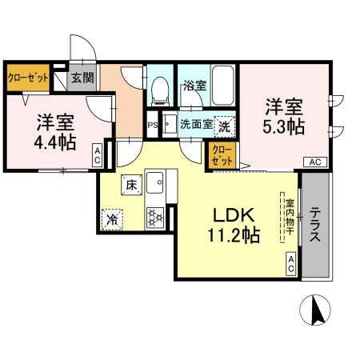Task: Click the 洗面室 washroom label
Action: coord(196,124)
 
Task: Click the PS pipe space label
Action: coord(153,124)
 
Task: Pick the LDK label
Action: coord(232,214)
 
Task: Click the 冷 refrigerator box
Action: coord(111,216)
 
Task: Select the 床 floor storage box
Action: coord(131,185)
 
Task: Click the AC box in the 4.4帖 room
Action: coord(97,154)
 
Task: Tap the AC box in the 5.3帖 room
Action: coord(314,162)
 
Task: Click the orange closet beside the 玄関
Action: coord(28,78)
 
